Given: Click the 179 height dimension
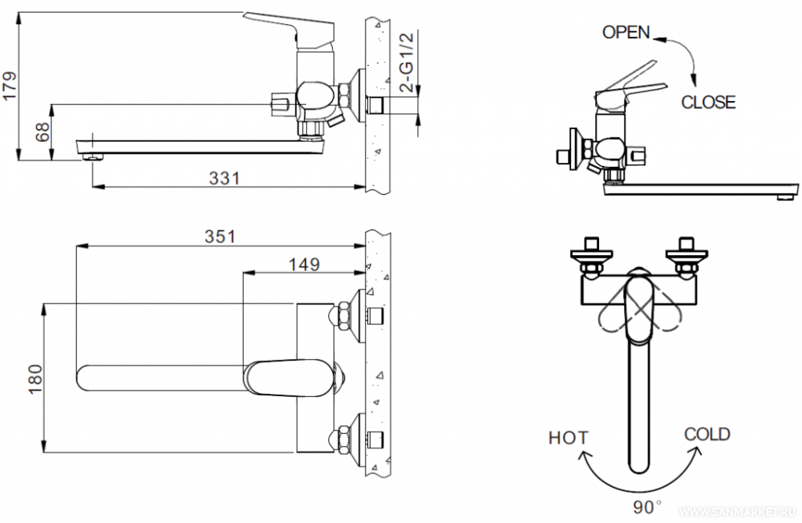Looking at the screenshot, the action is pos(10,86).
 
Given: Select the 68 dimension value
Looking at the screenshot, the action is pos(43,132).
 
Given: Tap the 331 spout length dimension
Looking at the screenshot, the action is pos(224,178).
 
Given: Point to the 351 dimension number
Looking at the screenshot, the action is pos(221,237).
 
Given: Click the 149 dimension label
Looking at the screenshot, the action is pos(304,264).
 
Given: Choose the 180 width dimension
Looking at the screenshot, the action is pos(35,379).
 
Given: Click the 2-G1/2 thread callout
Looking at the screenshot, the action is pos(406,62).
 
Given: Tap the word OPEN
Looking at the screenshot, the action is pos(626,32).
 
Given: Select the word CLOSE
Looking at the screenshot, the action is pos(708,103).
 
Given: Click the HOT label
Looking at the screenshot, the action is pos(569,438).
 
